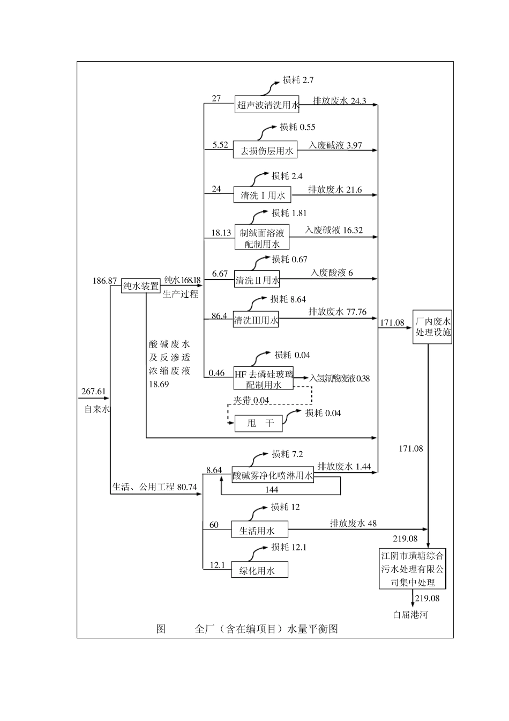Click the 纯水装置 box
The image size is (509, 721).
pyautogui.click(x=141, y=286)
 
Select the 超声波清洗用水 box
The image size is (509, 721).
pyautogui.click(x=267, y=105)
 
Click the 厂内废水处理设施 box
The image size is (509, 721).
pyautogui.click(x=433, y=327)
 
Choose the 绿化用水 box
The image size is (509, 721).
pyautogui.click(x=259, y=570)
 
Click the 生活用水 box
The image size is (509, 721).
pyautogui.click(x=259, y=531)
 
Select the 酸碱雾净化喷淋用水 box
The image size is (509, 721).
pyautogui.click(x=273, y=475)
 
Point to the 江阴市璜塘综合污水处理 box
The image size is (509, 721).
pyautogui.click(x=412, y=568)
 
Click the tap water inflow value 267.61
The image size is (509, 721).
pyautogui.click(x=94, y=391)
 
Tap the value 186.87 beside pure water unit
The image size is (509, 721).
pyautogui.click(x=104, y=280)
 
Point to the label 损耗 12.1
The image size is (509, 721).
pyautogui.click(x=289, y=547)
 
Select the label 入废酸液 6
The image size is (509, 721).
pyautogui.click(x=331, y=273)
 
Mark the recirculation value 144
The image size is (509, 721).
pyautogui.click(x=271, y=490)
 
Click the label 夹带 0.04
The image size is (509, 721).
pyautogui.click(x=251, y=400)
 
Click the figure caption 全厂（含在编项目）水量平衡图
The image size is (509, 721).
pyautogui.click(x=266, y=629)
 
